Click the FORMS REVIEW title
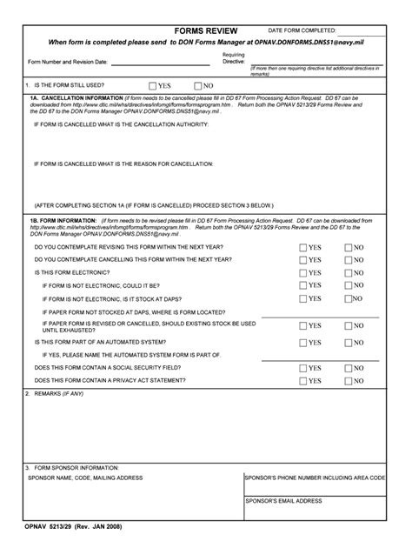[x=205, y=30]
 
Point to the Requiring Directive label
[x=234, y=58]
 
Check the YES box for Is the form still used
[x=153, y=86]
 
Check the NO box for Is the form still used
[x=198, y=86]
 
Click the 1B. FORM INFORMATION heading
[x=63, y=222]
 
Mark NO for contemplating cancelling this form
[x=349, y=260]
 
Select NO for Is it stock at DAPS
[x=349, y=298]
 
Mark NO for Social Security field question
[x=349, y=368]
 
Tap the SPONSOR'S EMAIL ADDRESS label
[x=283, y=501]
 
